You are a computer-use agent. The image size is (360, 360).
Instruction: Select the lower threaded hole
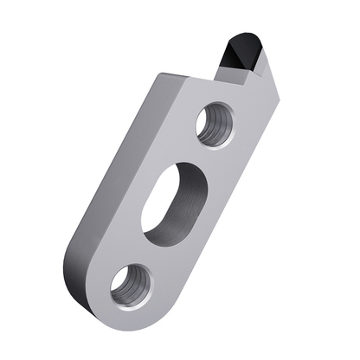tap(132, 283)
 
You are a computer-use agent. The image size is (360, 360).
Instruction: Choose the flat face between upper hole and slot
tap(195, 156)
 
